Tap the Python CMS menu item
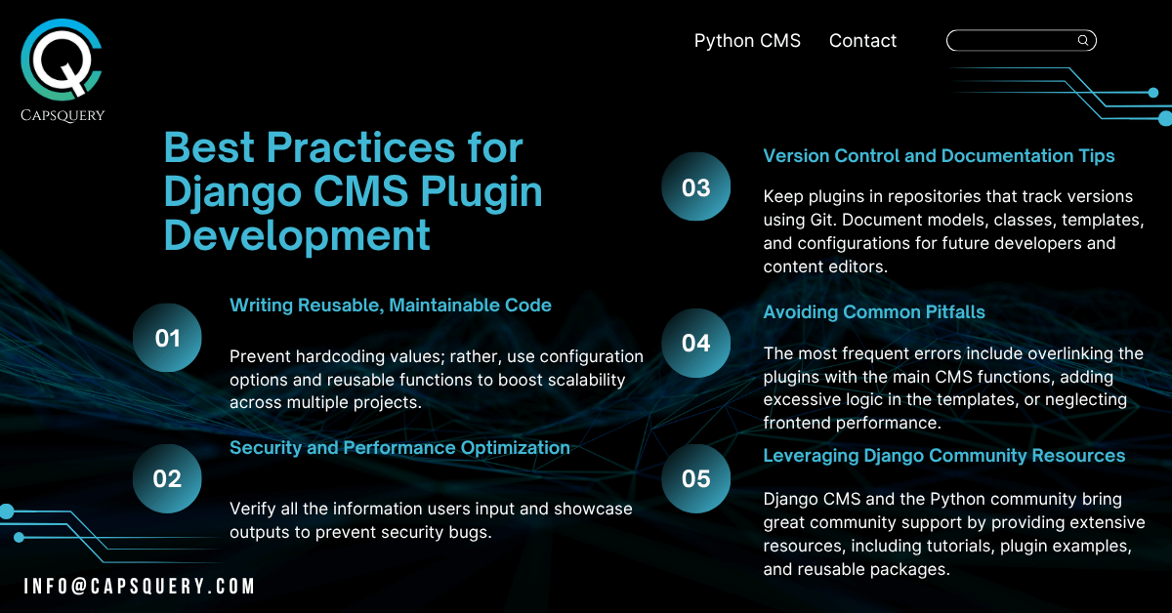pos(747,41)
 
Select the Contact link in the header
pos(862,41)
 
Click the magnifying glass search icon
pos(1083,40)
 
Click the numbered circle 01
pos(167,338)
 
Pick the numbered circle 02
pos(167,478)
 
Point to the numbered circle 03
pos(695,186)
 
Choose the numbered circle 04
pos(695,344)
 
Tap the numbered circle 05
pos(695,478)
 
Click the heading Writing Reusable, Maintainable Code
pos(391,306)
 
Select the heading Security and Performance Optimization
pos(399,448)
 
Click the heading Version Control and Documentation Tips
pos(939,156)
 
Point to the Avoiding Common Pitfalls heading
pos(874,312)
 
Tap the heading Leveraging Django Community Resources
pos(943,456)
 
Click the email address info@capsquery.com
pos(139,586)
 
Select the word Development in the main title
pos(297,236)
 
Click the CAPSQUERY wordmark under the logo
pos(63,115)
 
